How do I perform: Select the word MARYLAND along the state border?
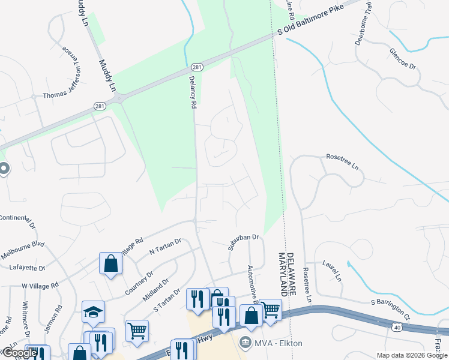point(280,273)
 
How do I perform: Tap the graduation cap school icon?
point(93,311)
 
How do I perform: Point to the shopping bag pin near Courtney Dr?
point(110,263)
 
